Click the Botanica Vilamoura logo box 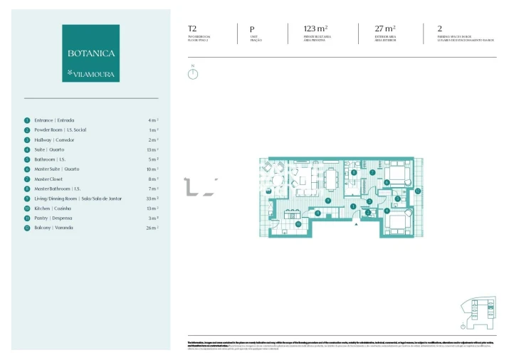(x=90, y=53)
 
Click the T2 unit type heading (x=192, y=29)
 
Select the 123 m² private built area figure (x=315, y=29)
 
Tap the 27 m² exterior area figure (x=386, y=29)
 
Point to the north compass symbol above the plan (x=193, y=73)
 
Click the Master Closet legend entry (x=49, y=179)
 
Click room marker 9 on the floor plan (x=327, y=201)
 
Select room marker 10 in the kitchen (x=298, y=224)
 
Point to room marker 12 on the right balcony (x=418, y=191)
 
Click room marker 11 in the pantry (x=317, y=213)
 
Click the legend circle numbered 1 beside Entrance (x=27, y=120)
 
